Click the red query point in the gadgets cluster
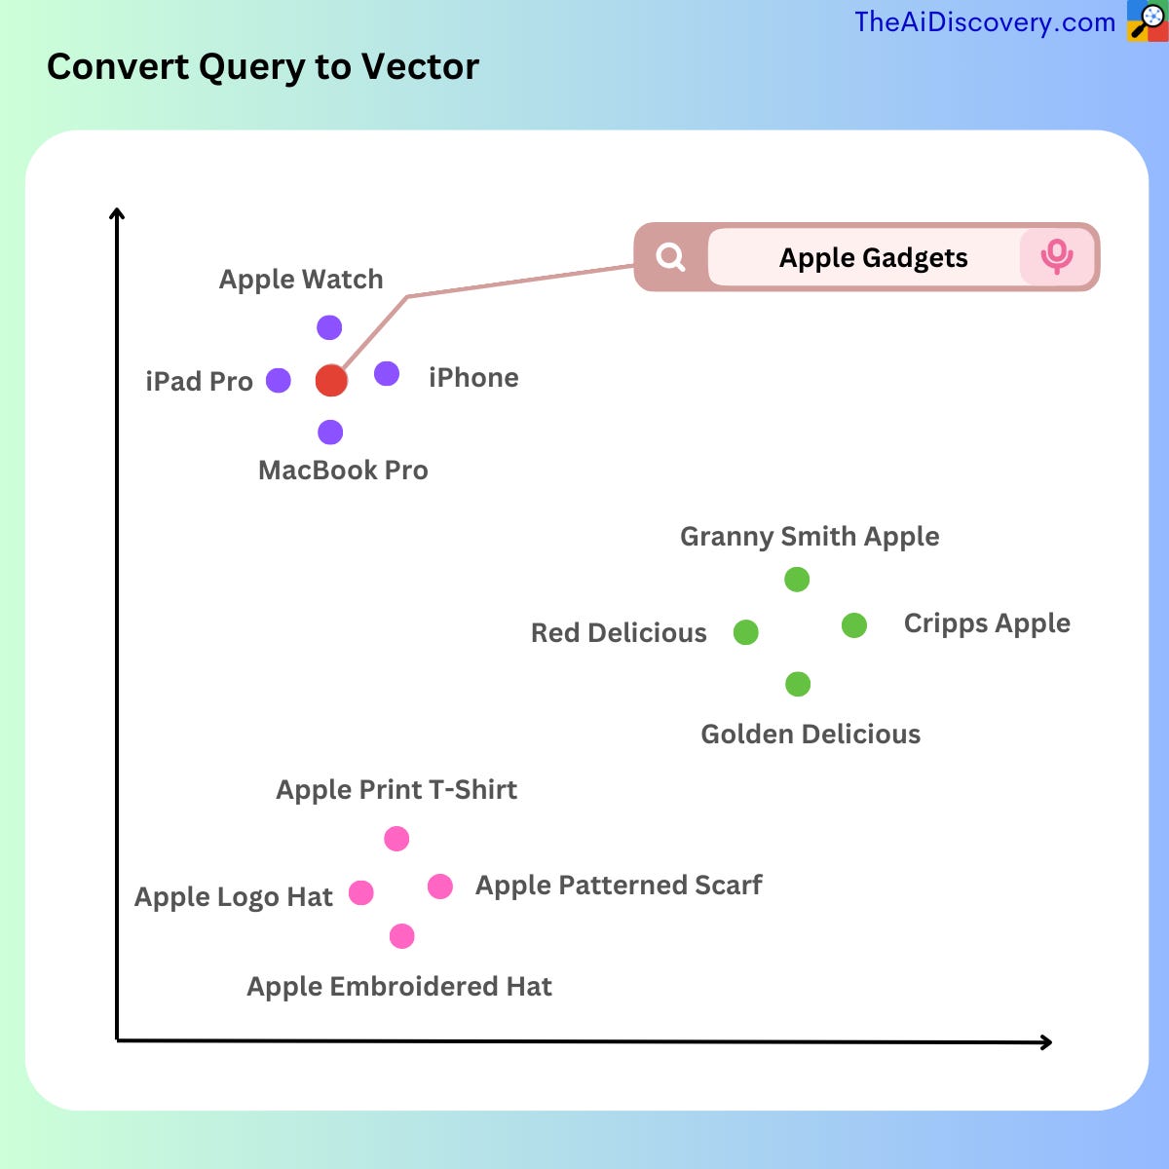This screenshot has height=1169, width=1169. point(331,380)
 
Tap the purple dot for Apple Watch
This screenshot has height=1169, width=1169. point(329,327)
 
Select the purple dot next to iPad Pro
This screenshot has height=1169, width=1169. point(279,380)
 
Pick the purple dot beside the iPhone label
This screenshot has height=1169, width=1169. point(387,373)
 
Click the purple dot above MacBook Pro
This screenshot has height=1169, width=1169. point(330,432)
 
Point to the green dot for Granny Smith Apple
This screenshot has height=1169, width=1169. point(797,580)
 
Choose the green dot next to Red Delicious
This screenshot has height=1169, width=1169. point(745,632)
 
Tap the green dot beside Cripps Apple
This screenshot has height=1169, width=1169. point(854,625)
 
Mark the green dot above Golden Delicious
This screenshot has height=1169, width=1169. point(798,684)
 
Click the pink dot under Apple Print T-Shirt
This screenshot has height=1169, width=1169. point(396,839)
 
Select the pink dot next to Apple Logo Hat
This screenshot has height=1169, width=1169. point(361,892)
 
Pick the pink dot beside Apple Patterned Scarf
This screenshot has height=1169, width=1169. point(440,886)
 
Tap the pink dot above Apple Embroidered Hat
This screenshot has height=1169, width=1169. point(401,936)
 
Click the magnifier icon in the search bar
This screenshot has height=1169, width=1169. point(670,257)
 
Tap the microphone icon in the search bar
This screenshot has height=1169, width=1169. point(1056,257)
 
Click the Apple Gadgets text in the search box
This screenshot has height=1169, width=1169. point(873,258)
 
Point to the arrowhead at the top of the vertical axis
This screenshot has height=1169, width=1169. point(117,214)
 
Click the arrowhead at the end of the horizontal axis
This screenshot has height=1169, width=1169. point(1046,1042)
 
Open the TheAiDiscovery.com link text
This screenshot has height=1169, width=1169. point(984,22)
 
